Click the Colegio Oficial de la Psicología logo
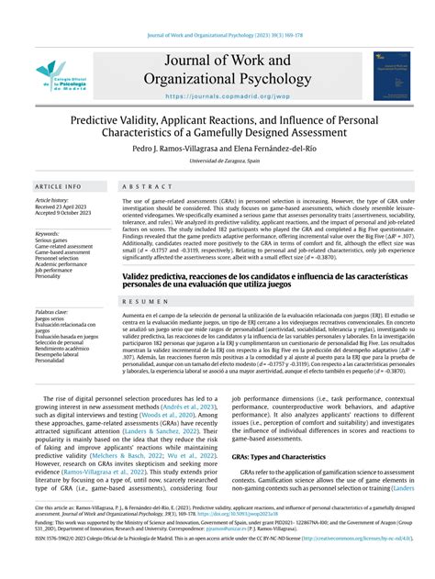(x=56, y=76)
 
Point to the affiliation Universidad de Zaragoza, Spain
(x=217, y=161)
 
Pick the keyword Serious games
(x=52, y=241)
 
